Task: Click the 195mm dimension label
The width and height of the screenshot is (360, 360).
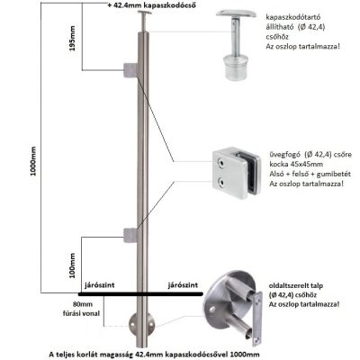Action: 72,39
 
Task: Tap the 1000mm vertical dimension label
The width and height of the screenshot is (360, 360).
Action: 33,161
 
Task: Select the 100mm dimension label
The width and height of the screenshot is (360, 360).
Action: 72,265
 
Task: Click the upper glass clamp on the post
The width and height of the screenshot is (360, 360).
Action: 130,70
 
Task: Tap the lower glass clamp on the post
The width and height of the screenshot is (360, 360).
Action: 130,235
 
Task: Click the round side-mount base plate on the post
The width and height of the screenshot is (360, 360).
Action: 142,326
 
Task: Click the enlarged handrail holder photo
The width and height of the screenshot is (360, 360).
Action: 237,44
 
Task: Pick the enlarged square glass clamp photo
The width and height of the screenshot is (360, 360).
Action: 237,173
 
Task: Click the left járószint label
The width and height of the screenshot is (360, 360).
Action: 100,285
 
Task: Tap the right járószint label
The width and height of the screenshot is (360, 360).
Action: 183,285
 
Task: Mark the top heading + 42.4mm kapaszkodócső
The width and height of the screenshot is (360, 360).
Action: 152,5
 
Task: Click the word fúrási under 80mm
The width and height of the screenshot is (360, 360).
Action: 70,313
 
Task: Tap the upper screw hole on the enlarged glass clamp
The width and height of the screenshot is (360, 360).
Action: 221,162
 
